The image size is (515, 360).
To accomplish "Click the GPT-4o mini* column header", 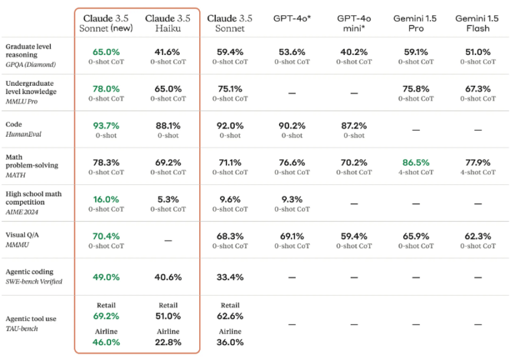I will coord(353,22).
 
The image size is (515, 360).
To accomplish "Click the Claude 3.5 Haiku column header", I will coord(168,22).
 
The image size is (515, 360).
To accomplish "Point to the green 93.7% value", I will coord(106,125).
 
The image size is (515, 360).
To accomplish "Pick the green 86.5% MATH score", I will coord(416,162).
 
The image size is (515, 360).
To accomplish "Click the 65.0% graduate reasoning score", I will coord(106,52).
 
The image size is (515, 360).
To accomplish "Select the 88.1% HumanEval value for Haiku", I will coord(168,125).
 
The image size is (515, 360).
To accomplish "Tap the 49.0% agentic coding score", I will coord(106,277).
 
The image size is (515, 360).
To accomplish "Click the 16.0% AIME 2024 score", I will coord(106,199).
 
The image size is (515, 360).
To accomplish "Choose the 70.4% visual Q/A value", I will coord(106,236).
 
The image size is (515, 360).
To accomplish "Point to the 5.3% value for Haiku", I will coord(168,199).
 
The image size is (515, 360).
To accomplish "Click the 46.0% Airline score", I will coord(106,342).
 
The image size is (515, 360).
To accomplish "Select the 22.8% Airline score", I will coord(168,342).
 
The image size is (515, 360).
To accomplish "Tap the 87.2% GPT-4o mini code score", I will coord(353,125).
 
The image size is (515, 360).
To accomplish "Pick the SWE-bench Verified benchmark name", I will coord(34,282).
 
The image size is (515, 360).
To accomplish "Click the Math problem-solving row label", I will coord(32,162).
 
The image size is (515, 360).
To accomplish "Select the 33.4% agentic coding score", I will coord(230,277).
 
